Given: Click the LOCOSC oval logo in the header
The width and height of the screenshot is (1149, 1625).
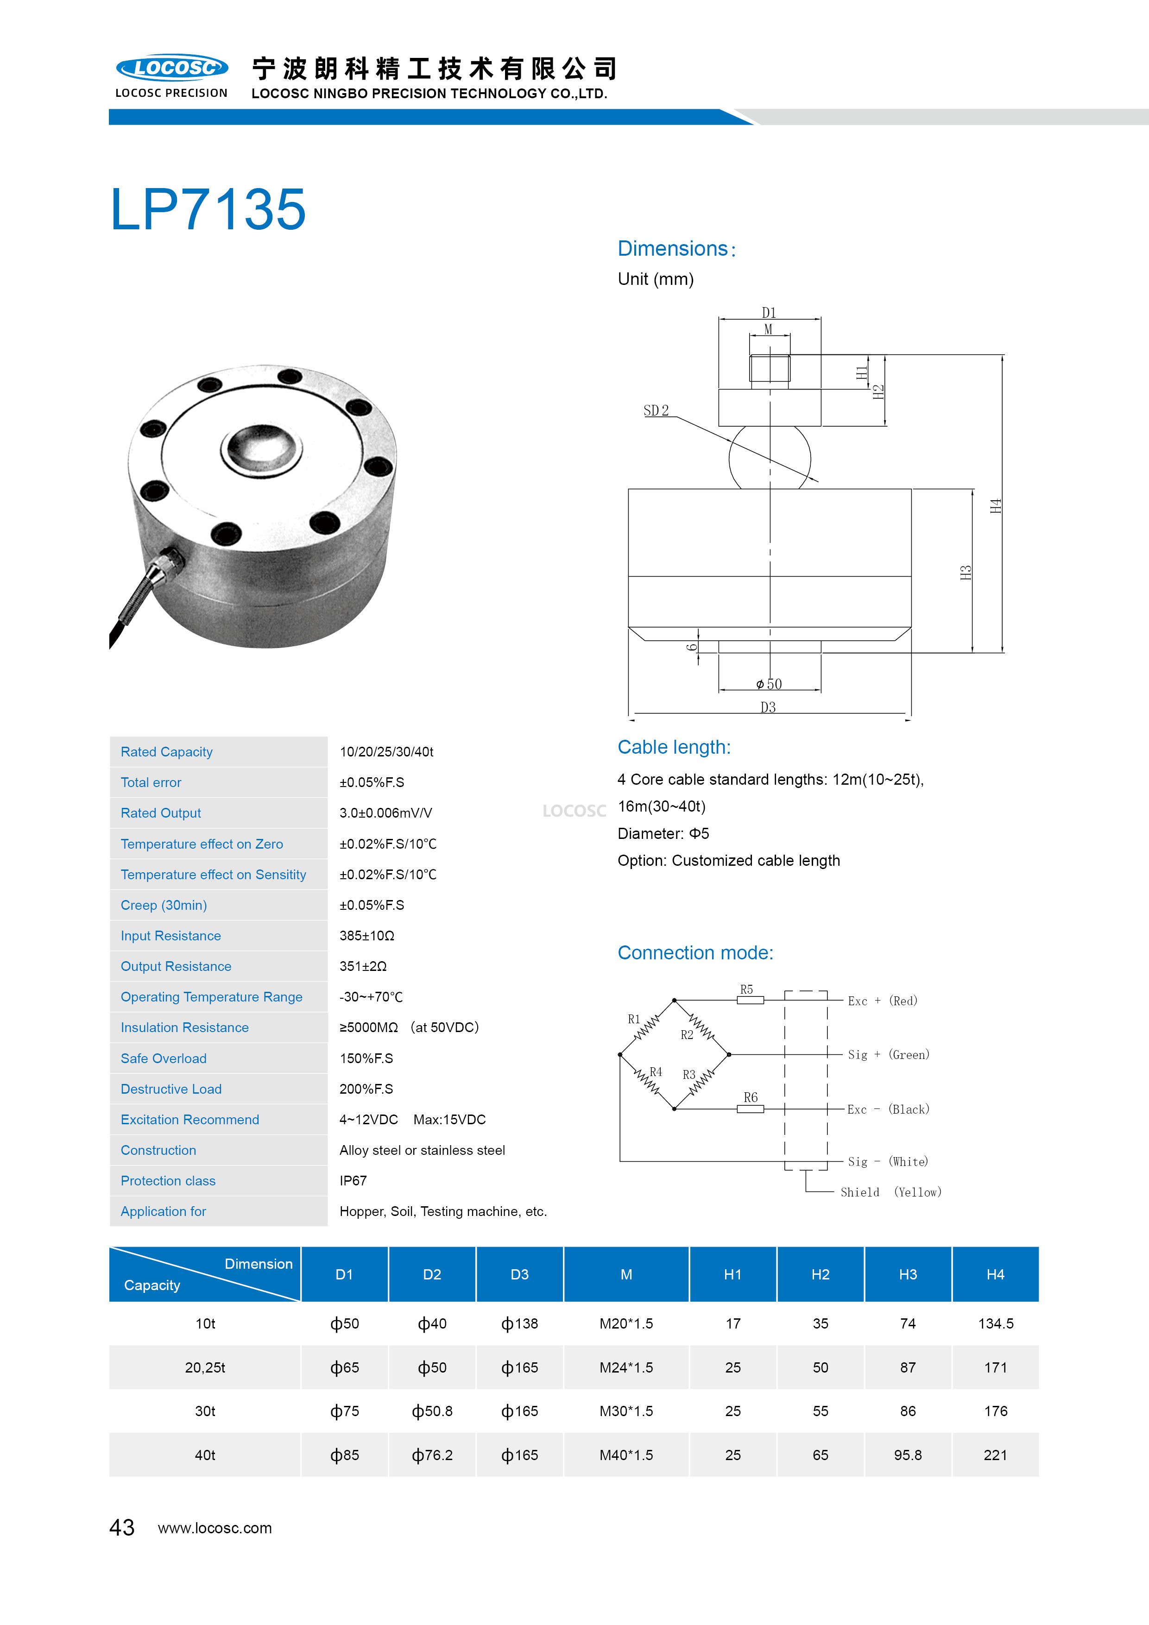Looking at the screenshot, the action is coord(172,68).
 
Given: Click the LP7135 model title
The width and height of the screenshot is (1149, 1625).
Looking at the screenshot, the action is coord(208,209).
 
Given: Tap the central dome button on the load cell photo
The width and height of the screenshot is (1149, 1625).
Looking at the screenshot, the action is coord(261,447).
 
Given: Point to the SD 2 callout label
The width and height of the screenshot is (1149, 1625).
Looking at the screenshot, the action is coord(656,410).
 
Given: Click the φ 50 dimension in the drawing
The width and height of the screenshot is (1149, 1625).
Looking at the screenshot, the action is coord(769,684).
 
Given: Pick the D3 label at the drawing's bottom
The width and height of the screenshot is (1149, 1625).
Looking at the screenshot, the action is coord(768,707).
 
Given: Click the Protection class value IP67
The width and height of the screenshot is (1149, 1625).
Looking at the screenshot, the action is coord(353,1180).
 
